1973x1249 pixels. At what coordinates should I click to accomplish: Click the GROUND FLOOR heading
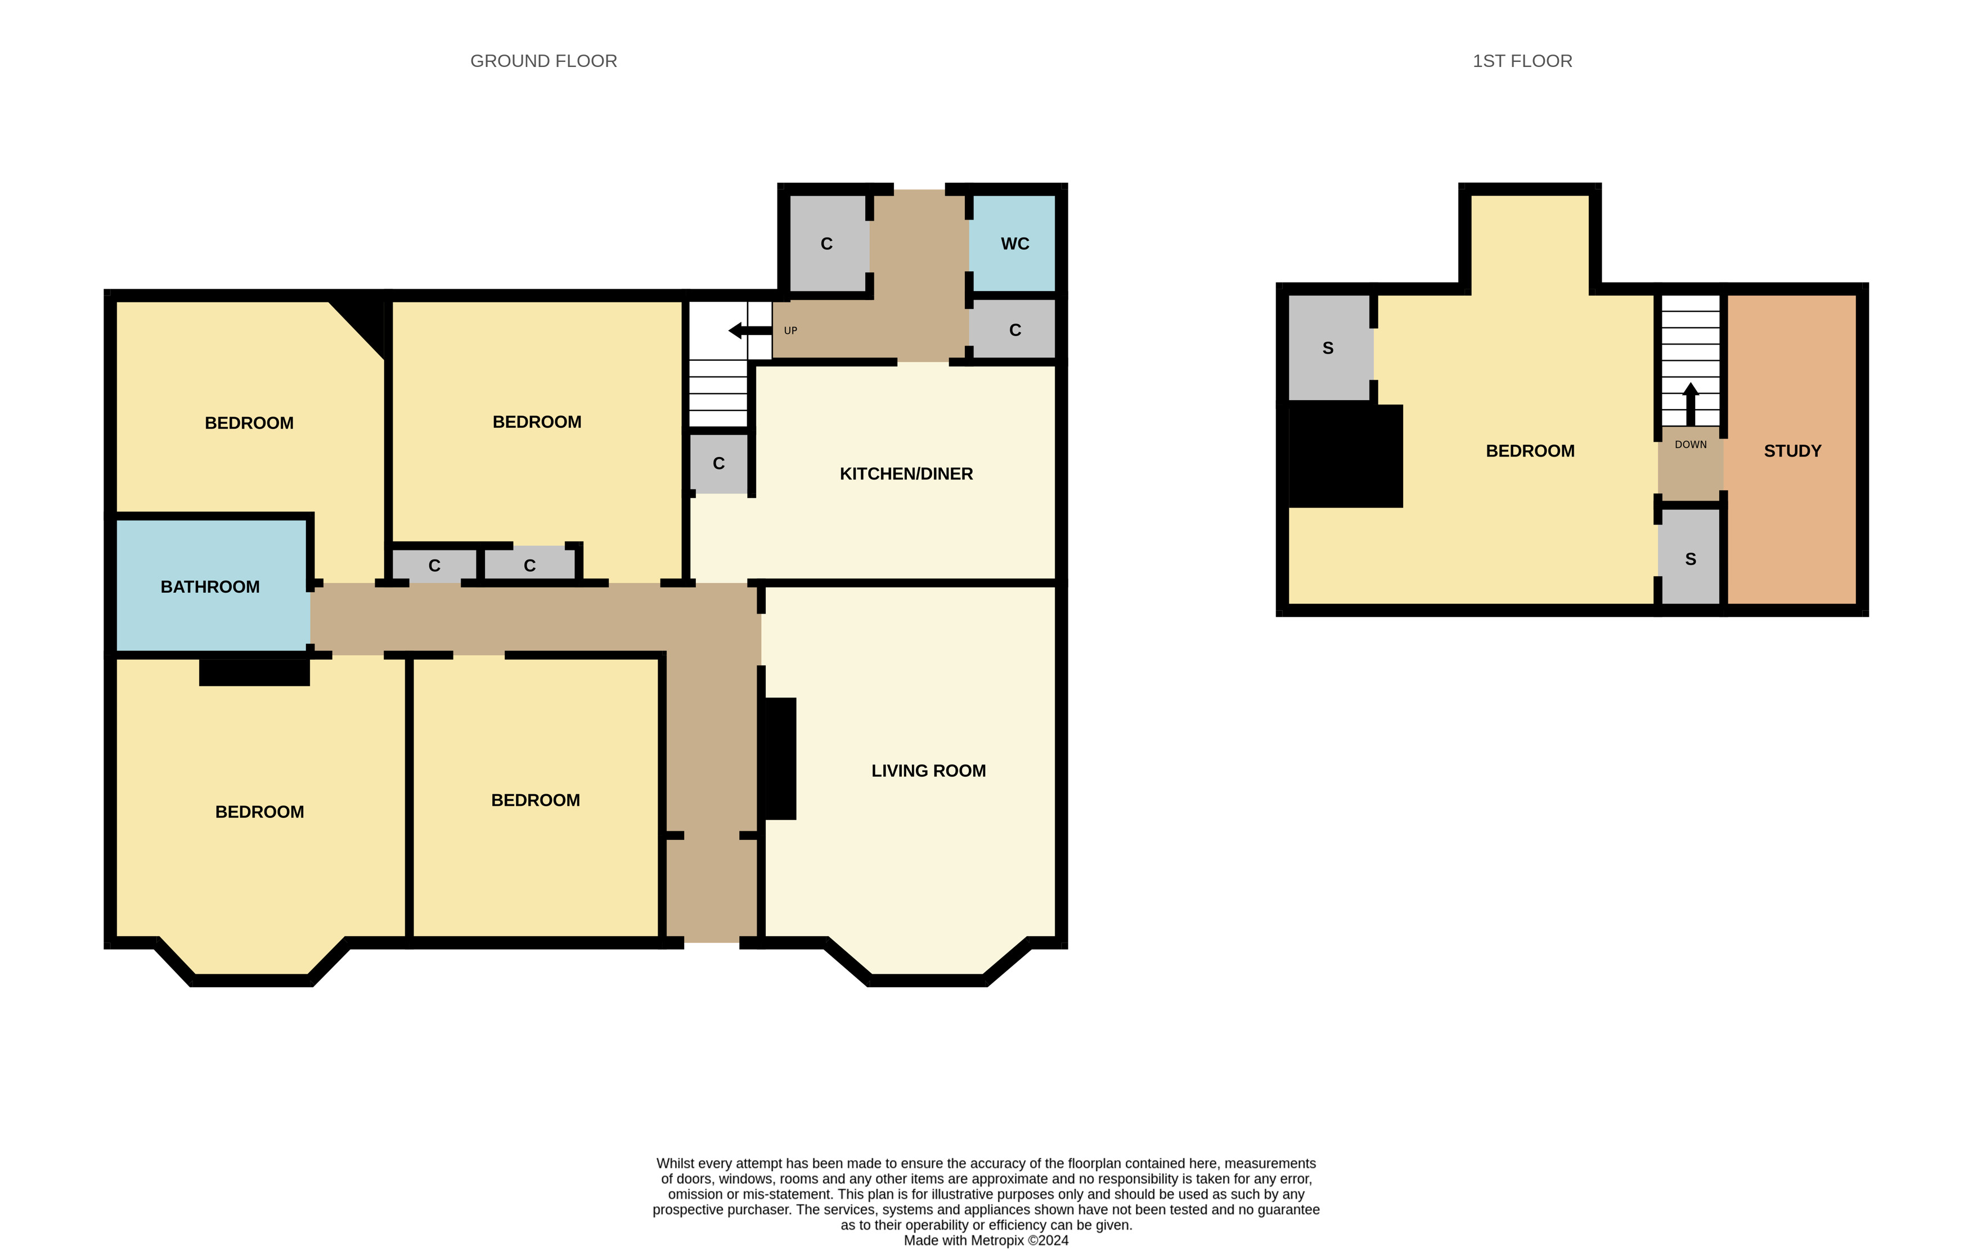tap(543, 61)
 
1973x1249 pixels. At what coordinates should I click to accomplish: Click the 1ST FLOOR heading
tap(1522, 61)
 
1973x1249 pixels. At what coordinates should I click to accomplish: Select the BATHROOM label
tap(210, 587)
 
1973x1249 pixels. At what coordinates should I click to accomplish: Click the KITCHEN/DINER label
tap(905, 474)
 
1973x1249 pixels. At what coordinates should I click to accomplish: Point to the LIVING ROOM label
tap(928, 771)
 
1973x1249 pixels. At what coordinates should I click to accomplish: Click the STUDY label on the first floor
tap(1792, 451)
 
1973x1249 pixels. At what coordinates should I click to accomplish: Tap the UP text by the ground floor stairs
tap(790, 331)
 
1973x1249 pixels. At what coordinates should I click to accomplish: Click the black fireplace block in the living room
tap(779, 758)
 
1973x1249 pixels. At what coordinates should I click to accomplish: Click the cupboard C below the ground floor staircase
tap(718, 464)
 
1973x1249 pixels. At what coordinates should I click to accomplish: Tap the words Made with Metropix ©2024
tap(986, 1240)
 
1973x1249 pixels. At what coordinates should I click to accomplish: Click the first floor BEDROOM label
tap(1530, 451)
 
